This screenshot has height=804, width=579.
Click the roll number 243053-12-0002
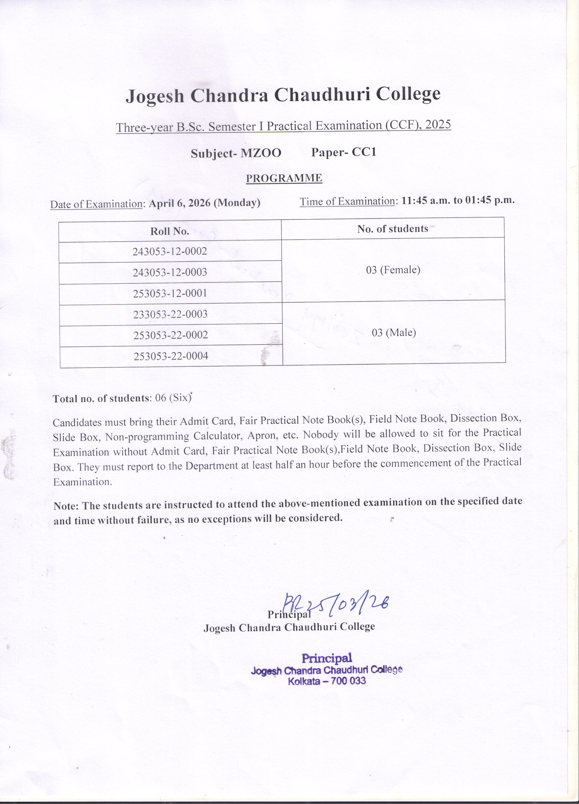click(x=170, y=251)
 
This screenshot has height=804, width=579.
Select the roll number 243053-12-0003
click(x=170, y=272)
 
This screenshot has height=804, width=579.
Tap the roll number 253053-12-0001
click(x=170, y=293)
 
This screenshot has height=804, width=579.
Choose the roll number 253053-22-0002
click(x=171, y=335)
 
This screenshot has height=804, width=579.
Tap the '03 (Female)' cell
click(x=393, y=270)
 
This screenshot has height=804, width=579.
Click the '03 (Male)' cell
click(x=394, y=332)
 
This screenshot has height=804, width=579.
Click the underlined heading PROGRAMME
click(x=284, y=178)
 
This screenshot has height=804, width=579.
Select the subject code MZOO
click(x=261, y=153)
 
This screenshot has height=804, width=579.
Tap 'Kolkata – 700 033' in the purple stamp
click(x=327, y=681)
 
